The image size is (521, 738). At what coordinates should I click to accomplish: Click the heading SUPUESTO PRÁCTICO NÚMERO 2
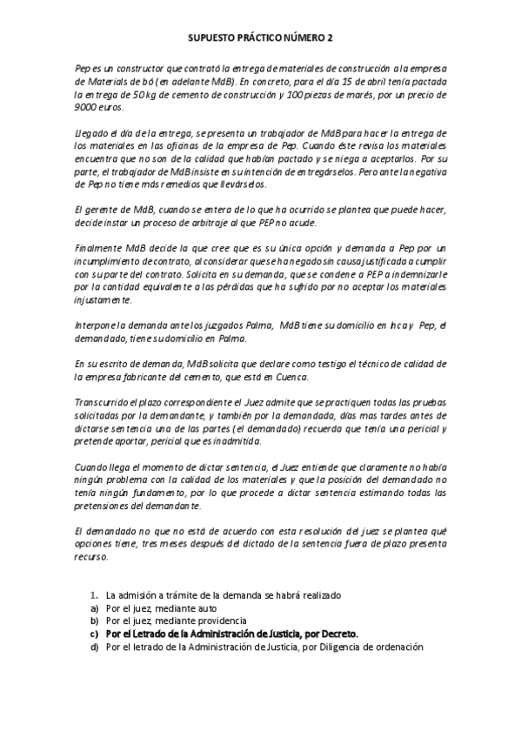tap(260, 38)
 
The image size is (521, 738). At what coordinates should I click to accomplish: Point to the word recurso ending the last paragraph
tap(91, 557)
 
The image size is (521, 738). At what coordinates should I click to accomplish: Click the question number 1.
tap(94, 595)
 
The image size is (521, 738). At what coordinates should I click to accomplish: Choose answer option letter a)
tap(94, 608)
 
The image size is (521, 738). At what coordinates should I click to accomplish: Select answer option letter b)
tap(94, 621)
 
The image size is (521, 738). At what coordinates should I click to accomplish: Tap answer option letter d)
tap(94, 647)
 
